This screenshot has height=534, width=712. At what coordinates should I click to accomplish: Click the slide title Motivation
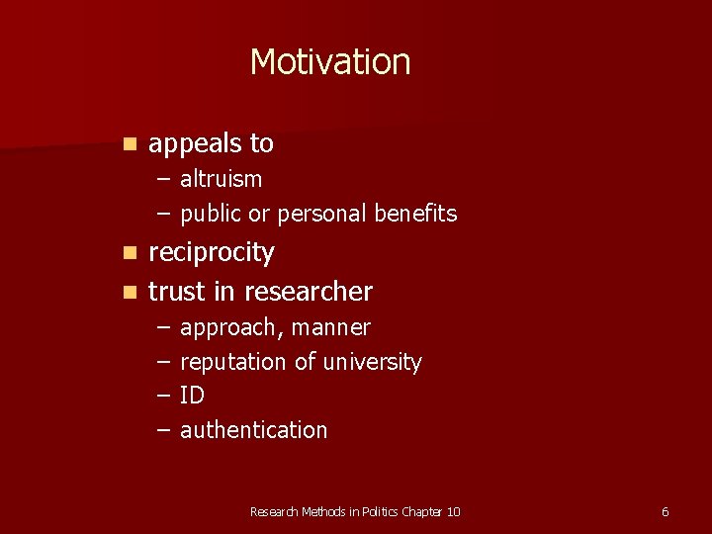[329, 62]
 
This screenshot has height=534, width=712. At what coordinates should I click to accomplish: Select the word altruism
[221, 179]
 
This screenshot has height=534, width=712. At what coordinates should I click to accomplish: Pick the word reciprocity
[211, 252]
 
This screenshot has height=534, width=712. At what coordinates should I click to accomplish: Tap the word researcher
[308, 292]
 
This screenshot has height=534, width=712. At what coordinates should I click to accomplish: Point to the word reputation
[233, 363]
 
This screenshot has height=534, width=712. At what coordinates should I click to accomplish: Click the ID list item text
[192, 396]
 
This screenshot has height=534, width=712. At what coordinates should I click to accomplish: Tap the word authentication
[253, 430]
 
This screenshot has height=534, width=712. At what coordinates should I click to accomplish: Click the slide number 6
[665, 511]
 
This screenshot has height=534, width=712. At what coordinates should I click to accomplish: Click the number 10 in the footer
[453, 511]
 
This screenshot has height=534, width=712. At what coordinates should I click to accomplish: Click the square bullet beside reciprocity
[129, 253]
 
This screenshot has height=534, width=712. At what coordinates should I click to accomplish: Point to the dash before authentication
[163, 430]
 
